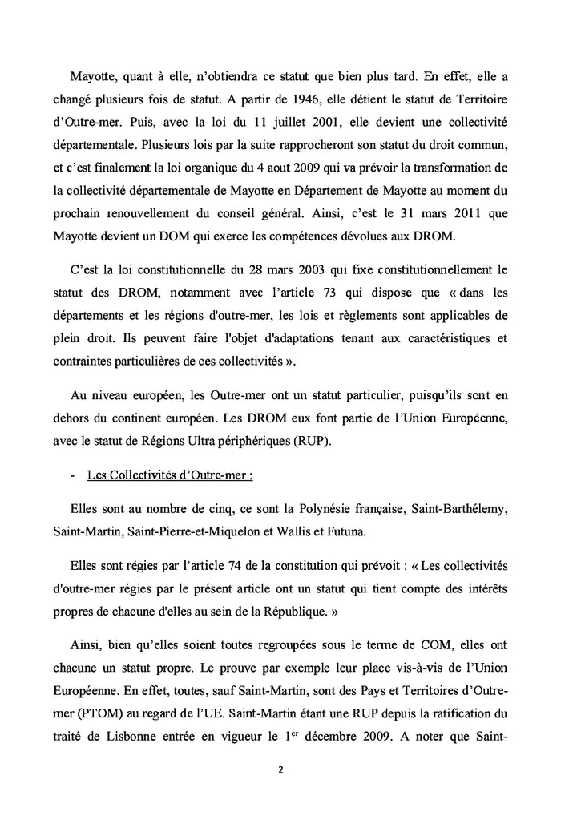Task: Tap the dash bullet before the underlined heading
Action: coord(73,475)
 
